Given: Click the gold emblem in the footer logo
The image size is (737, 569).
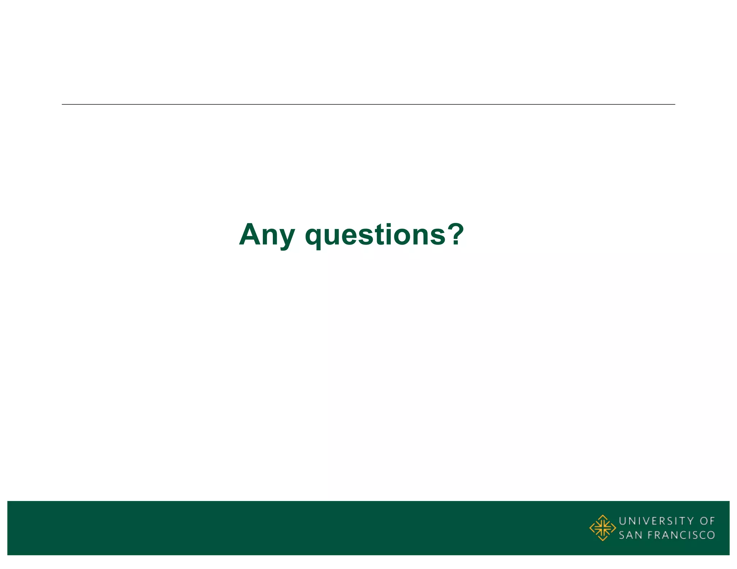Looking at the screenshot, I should [x=602, y=528].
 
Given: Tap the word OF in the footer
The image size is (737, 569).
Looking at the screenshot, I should [x=707, y=521].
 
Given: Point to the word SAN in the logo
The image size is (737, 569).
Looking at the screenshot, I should [x=630, y=535].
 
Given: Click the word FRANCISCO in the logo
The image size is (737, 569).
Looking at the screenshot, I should [x=681, y=535].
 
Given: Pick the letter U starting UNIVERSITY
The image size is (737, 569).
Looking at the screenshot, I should [x=623, y=521].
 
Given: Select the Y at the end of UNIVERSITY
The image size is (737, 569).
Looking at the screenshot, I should [x=691, y=521].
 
